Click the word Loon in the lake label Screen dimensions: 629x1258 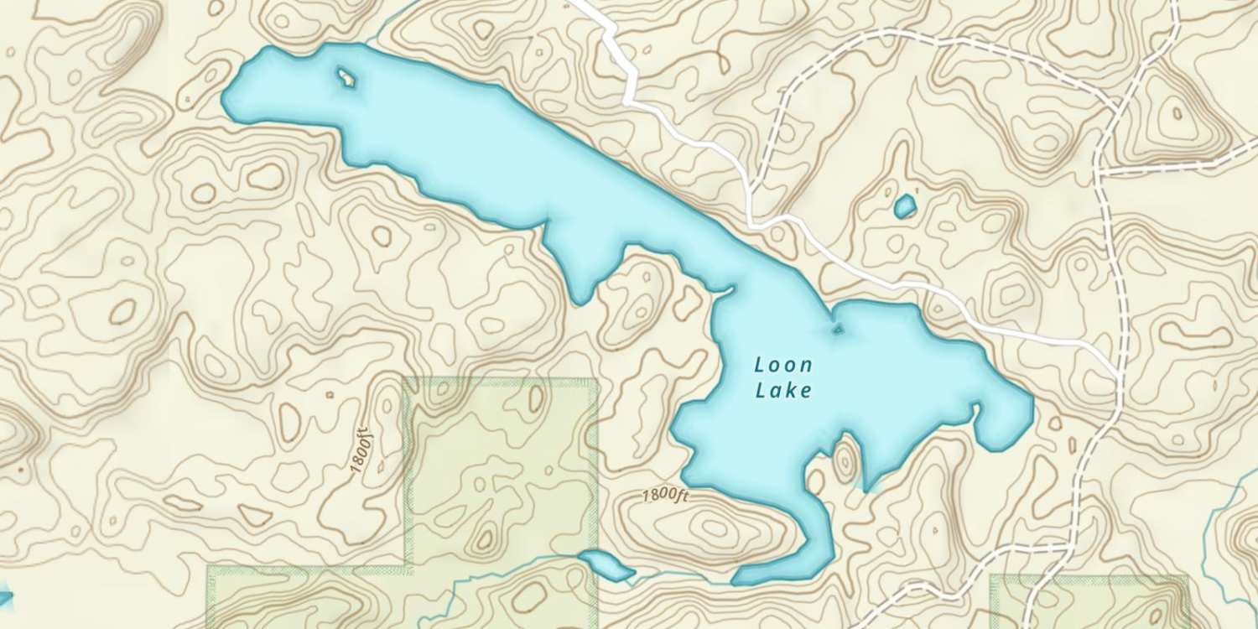coord(783,365)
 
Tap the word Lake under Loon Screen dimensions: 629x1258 coord(783,391)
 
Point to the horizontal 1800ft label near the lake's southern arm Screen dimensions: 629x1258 coord(665,496)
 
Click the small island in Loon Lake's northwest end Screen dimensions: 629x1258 coord(346,79)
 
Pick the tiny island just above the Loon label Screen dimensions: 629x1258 coord(836,330)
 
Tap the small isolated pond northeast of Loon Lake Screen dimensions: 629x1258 coord(905,206)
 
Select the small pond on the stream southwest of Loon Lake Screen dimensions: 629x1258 coord(606,566)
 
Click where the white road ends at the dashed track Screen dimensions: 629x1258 coord(1119,370)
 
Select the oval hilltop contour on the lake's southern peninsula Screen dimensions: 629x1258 coord(844,460)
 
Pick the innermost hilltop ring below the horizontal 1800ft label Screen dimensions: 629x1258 coord(715,528)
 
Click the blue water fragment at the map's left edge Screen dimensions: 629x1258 coord(5,596)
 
